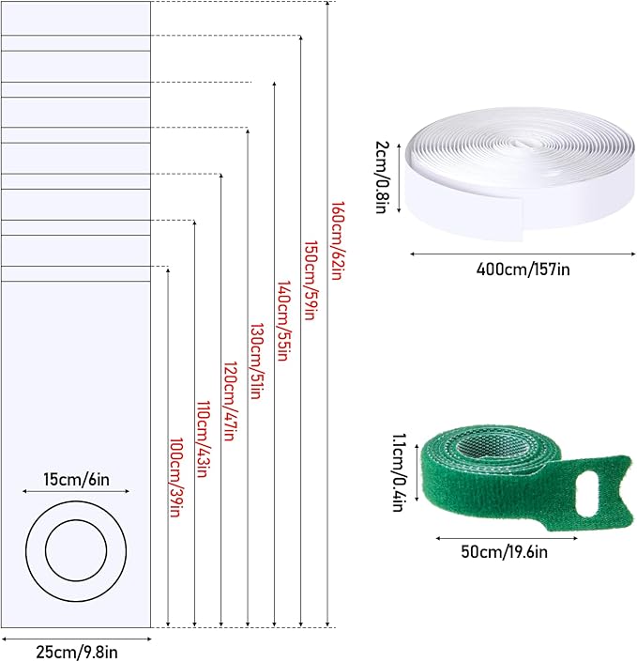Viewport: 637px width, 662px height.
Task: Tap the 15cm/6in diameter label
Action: pyautogui.click(x=75, y=479)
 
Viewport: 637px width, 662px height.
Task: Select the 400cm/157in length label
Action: pyautogui.click(x=518, y=270)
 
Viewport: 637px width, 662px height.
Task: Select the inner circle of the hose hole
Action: pyautogui.click(x=75, y=548)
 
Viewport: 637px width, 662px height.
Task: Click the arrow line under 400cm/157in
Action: pyautogui.click(x=518, y=252)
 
